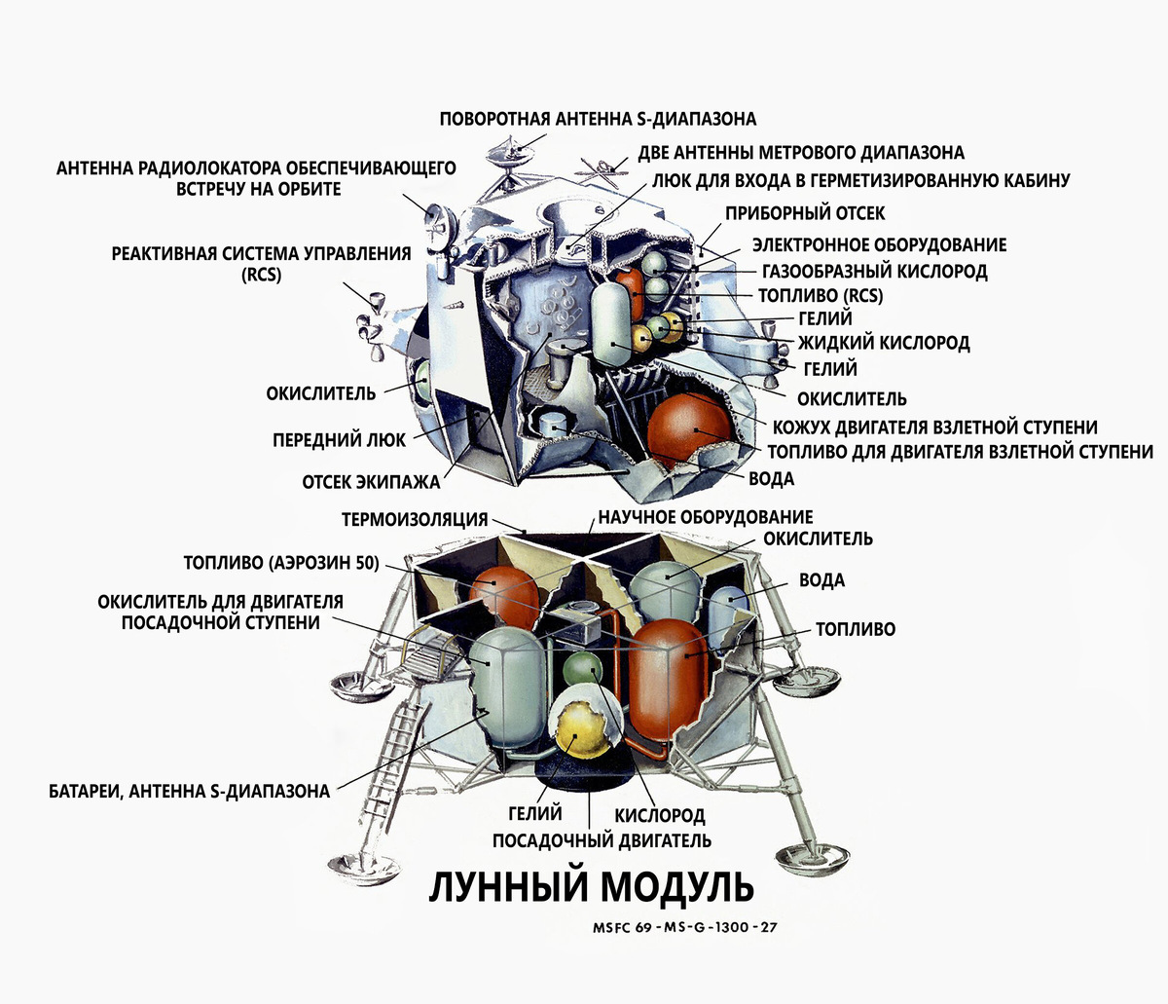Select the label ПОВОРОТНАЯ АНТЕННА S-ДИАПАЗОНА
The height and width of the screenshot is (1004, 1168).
click(x=598, y=119)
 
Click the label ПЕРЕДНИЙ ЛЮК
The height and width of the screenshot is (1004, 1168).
click(x=339, y=440)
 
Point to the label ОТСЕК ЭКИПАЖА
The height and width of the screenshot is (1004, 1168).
click(x=371, y=482)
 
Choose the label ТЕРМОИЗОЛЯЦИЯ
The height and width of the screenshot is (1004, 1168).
click(x=415, y=519)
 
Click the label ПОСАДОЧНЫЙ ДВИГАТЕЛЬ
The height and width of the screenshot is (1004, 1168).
click(x=602, y=840)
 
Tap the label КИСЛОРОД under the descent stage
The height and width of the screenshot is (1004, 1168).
click(x=660, y=816)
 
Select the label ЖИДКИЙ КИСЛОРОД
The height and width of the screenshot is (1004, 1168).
click(x=884, y=343)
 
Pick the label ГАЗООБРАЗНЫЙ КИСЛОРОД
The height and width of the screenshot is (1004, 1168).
click(x=875, y=272)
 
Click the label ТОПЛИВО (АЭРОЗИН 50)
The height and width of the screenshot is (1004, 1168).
click(x=281, y=563)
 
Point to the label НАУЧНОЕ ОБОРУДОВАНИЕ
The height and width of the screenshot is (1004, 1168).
click(x=706, y=517)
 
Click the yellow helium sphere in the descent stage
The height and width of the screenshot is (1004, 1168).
click(x=582, y=728)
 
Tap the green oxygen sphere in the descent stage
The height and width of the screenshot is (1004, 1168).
click(x=583, y=669)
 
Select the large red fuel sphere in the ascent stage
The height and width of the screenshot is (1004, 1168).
click(x=688, y=429)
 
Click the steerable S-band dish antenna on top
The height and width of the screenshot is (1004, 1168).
click(x=512, y=152)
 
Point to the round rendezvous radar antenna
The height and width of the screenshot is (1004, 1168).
click(x=440, y=224)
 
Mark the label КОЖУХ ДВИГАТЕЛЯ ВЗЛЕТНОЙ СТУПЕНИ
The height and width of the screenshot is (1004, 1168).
click(x=934, y=427)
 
